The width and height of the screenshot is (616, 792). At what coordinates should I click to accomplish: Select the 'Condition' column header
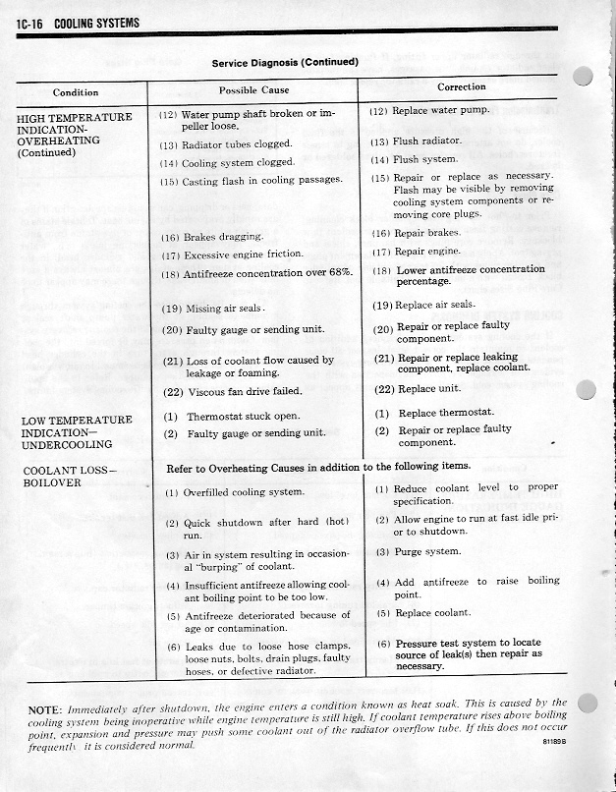(x=76, y=92)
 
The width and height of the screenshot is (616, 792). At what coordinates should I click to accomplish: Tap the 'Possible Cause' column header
(x=253, y=90)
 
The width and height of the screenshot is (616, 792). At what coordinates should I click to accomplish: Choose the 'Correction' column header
(x=462, y=86)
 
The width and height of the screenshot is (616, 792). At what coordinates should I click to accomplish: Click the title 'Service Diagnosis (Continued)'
(x=285, y=63)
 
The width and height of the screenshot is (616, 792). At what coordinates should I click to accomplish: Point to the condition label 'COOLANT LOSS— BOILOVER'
(x=68, y=477)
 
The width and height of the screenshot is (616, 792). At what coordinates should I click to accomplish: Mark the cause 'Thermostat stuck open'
(x=242, y=417)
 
